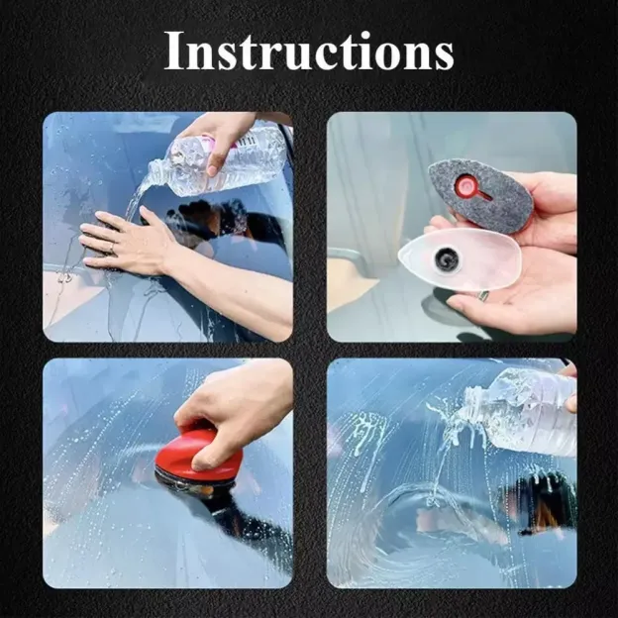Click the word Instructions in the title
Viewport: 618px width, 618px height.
(x=308, y=51)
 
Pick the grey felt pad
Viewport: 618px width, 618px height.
(x=479, y=195)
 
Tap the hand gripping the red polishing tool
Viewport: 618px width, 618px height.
(x=233, y=406)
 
